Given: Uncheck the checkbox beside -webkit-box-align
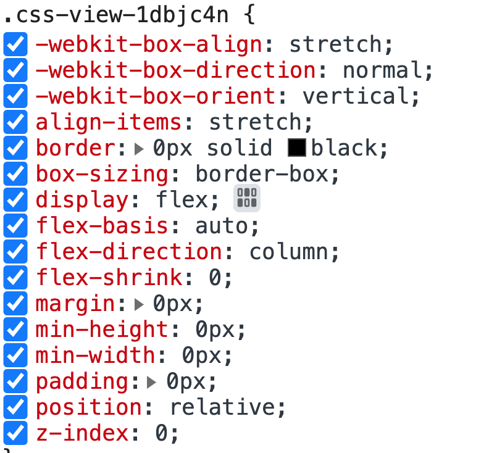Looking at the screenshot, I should click(x=15, y=45).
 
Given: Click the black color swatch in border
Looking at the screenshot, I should click(x=297, y=148).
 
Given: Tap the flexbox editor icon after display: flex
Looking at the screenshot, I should click(x=247, y=199).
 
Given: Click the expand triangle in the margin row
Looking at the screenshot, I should click(x=139, y=304).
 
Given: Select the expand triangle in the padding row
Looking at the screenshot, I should click(x=152, y=382).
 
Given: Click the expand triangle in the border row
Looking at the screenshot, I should click(x=139, y=148).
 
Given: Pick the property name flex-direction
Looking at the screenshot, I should click(x=128, y=252).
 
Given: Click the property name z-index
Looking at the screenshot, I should click(x=82, y=433).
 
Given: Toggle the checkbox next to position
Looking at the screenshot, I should click(x=15, y=407).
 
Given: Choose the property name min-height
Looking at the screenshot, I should click(x=102, y=330).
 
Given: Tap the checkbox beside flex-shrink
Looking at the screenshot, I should click(x=15, y=278).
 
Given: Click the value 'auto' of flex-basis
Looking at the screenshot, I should click(x=222, y=226).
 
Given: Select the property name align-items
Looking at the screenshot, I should click(x=109, y=123).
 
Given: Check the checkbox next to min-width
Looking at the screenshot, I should click(x=15, y=355).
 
